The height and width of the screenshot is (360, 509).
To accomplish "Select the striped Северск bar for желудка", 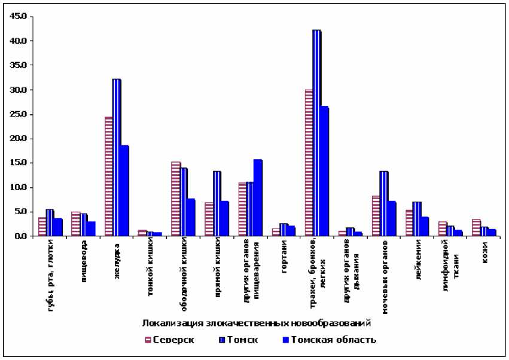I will [x=109, y=176].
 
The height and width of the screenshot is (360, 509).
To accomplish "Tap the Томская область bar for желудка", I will [x=124, y=191].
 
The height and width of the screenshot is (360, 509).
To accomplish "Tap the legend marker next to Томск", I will [x=223, y=340].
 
